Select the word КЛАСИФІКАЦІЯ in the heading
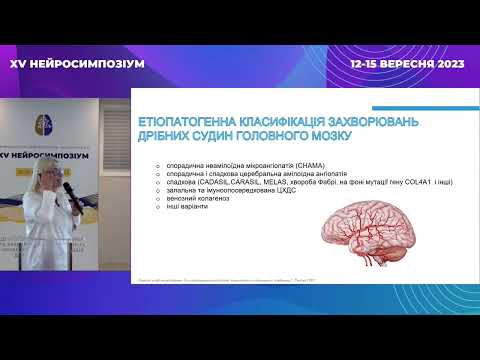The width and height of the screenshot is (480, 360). pyautogui.click(x=278, y=122)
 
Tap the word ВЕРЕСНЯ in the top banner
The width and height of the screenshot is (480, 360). pyautogui.click(x=407, y=62)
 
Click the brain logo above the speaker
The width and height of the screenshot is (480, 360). pyautogui.click(x=46, y=124)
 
